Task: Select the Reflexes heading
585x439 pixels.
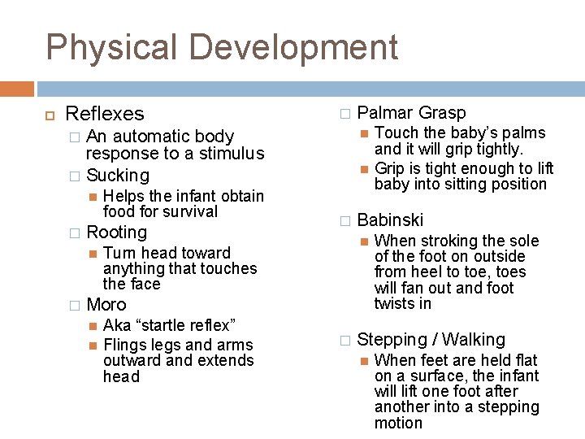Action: click(104, 115)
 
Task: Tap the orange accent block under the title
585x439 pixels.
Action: click(17, 89)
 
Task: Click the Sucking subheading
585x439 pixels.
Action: click(118, 175)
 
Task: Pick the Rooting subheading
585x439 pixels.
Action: click(116, 233)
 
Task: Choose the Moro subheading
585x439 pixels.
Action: click(106, 305)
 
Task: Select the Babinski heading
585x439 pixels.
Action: click(390, 219)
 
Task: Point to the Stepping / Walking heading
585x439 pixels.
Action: click(431, 340)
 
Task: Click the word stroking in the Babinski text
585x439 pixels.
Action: click(448, 241)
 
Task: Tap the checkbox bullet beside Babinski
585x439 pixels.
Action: click(344, 220)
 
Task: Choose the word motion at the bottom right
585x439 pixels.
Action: click(398, 423)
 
